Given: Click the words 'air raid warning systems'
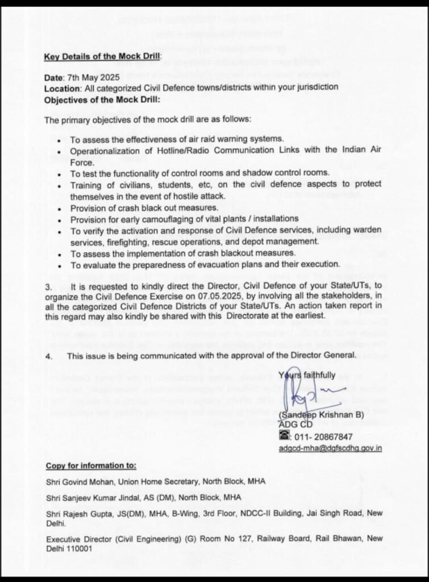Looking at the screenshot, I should pos(232,139).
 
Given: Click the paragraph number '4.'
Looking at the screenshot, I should pos(50,355).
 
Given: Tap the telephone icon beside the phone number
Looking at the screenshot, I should pos(284,436).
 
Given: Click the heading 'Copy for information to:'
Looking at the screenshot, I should pos(91,465).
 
